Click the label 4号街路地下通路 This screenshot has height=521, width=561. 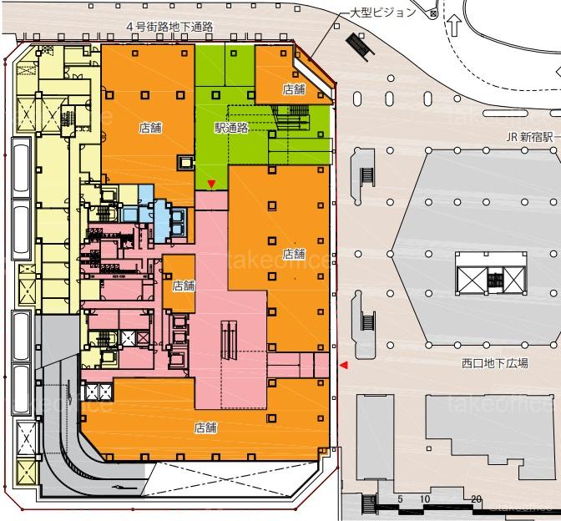coord(170,27)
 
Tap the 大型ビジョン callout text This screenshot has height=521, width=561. coord(383,13)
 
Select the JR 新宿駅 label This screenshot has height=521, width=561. coord(529,137)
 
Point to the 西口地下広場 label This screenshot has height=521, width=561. coord(495,363)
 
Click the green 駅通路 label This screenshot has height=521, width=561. coord(231,128)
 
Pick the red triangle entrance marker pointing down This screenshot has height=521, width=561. coord(212,184)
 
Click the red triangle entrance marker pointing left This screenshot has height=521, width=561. coord(344,365)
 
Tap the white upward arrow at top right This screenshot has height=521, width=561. coord(454,25)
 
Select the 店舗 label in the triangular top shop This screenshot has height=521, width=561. coord(294,89)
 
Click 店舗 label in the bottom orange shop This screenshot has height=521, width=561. coord(205,427)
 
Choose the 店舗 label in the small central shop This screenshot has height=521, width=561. coord(184,286)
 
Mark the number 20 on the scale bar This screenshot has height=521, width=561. coord(476,498)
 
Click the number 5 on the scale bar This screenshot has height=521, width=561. coord(400,498)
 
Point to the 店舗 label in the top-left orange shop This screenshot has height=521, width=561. coord(150,128)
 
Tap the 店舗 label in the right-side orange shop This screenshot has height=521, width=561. coord(294,254)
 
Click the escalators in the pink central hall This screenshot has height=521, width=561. coord(229,340)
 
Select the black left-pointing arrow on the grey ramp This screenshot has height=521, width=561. coord(124,488)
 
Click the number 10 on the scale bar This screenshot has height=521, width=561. coord(425,498)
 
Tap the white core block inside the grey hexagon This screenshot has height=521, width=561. coord(491,273)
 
